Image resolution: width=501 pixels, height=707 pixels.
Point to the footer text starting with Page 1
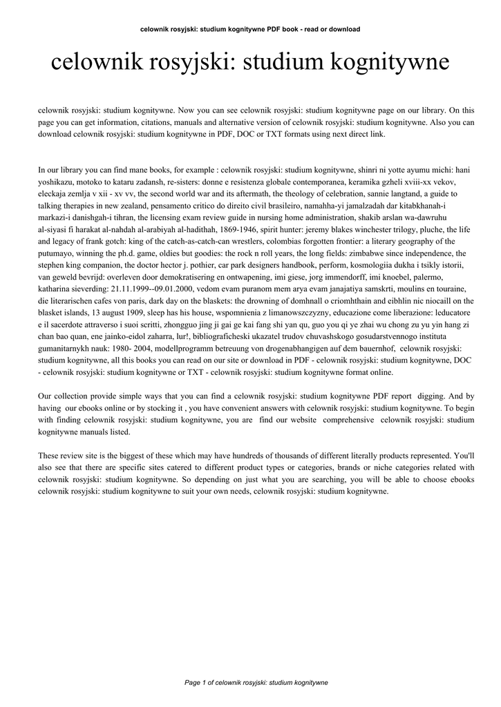pyautogui.click(x=256, y=682)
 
